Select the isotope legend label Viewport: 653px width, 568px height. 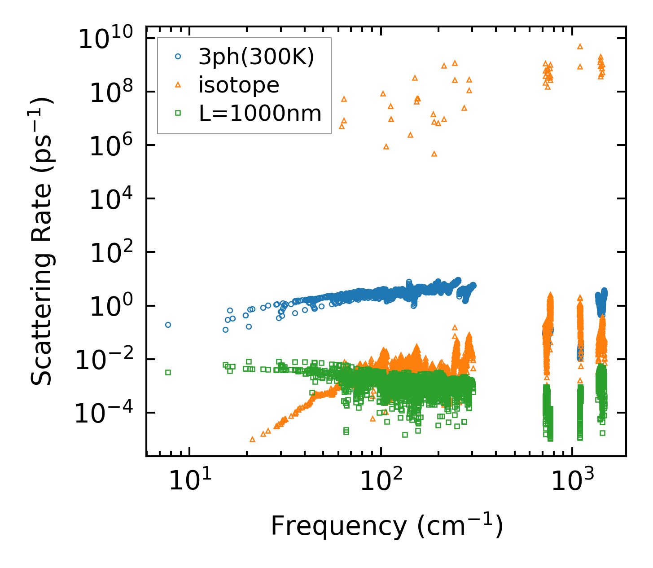(x=239, y=85)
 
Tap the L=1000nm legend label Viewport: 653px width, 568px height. (x=260, y=113)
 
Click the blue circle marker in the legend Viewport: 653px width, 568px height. (x=178, y=57)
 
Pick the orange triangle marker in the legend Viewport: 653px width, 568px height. (x=178, y=84)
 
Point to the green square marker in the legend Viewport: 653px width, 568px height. (x=178, y=113)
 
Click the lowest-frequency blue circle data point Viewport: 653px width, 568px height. (x=168, y=325)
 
